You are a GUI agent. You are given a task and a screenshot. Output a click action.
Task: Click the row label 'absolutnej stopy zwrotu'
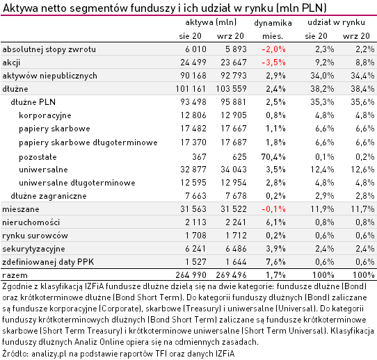(49, 49)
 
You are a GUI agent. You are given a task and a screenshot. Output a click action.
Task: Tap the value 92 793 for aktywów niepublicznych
(229, 75)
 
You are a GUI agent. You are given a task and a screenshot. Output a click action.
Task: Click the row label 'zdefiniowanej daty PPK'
(47, 261)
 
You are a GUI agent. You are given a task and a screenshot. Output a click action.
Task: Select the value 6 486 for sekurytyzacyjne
(231, 248)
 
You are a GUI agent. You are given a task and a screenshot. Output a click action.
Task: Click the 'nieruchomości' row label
(31, 222)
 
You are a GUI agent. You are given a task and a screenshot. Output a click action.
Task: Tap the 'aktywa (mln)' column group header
(207, 23)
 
